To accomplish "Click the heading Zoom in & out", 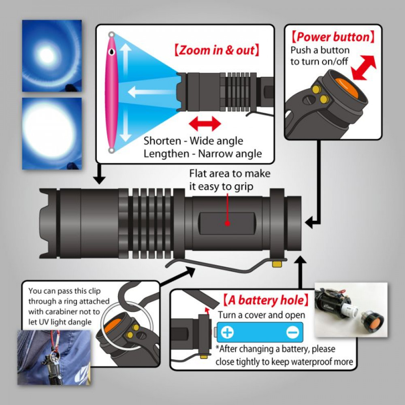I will (x=216, y=51).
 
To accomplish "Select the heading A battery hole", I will (x=265, y=301).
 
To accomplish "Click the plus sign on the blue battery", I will (x=228, y=333).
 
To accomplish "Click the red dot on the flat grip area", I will (x=227, y=223).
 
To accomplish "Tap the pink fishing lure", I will (x=111, y=93).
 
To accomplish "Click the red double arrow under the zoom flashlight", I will (x=205, y=124).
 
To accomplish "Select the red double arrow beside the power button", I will (x=364, y=68).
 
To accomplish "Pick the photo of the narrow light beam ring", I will (x=51, y=55).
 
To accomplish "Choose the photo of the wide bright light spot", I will (x=51, y=133).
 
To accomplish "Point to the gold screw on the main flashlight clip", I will (x=277, y=264).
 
